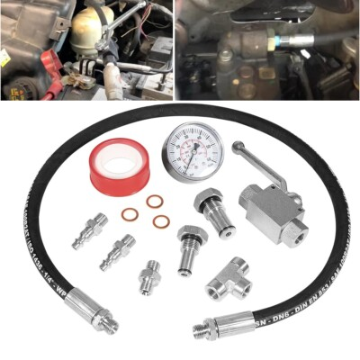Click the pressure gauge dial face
coord(194,149)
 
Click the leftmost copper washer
coord(131,214)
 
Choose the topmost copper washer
coord(154,202)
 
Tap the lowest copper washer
coord(161,220)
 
